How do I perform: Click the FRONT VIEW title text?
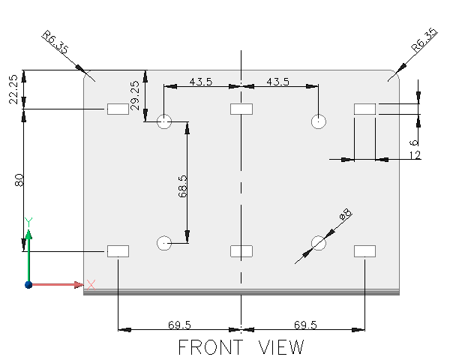click(x=241, y=348)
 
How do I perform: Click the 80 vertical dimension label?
click(x=20, y=180)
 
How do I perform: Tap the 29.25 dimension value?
click(x=135, y=95)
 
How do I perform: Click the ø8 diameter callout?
click(x=345, y=217)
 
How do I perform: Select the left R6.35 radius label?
click(x=55, y=42)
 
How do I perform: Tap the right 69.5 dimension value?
click(x=304, y=325)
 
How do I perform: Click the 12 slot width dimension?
click(x=415, y=155)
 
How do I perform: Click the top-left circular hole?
click(x=165, y=121)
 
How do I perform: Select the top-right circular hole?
click(x=319, y=121)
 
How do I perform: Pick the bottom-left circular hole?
click(x=165, y=242)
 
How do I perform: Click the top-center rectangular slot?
click(x=241, y=109)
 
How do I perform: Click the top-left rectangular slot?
click(x=118, y=110)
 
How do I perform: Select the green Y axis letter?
click(x=28, y=221)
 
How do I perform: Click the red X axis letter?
click(x=91, y=284)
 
